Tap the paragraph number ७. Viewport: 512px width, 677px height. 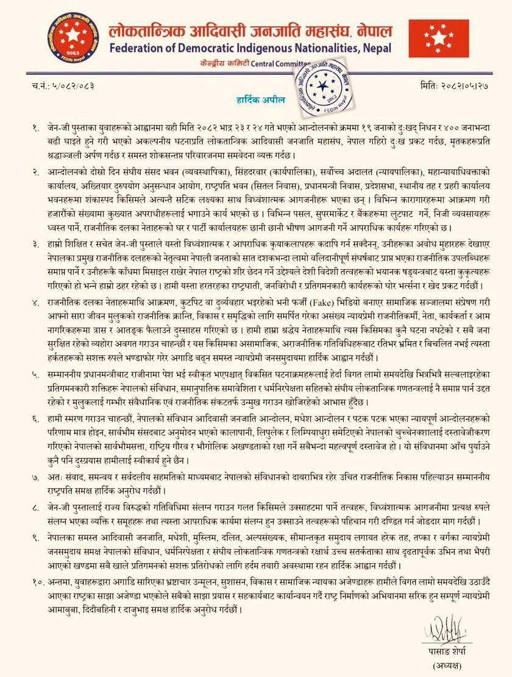[37, 471]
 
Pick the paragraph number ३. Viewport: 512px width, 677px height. [37, 245]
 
